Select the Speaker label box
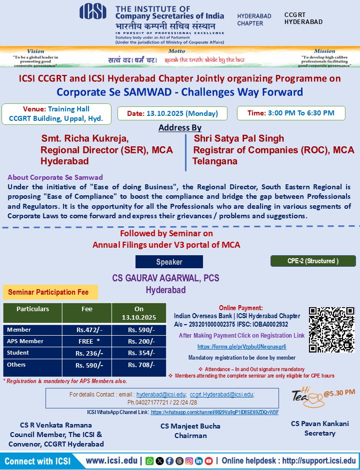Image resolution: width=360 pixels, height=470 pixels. pos(169,262)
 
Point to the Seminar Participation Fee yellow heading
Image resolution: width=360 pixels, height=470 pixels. pos(50,292)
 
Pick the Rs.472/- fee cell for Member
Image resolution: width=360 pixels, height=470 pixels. pos(86,330)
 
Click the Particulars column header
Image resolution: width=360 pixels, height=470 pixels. pos(32,309)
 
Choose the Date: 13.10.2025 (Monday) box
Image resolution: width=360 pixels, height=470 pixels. pos(173,113)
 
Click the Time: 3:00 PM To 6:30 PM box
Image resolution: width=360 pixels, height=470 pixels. pos(291,113)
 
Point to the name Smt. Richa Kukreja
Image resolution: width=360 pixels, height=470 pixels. pos(84,138)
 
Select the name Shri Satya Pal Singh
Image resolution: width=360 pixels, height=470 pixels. pos(238,138)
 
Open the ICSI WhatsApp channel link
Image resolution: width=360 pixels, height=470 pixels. pos(214,413)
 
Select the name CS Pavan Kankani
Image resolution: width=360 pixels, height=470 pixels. pos(319,424)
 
